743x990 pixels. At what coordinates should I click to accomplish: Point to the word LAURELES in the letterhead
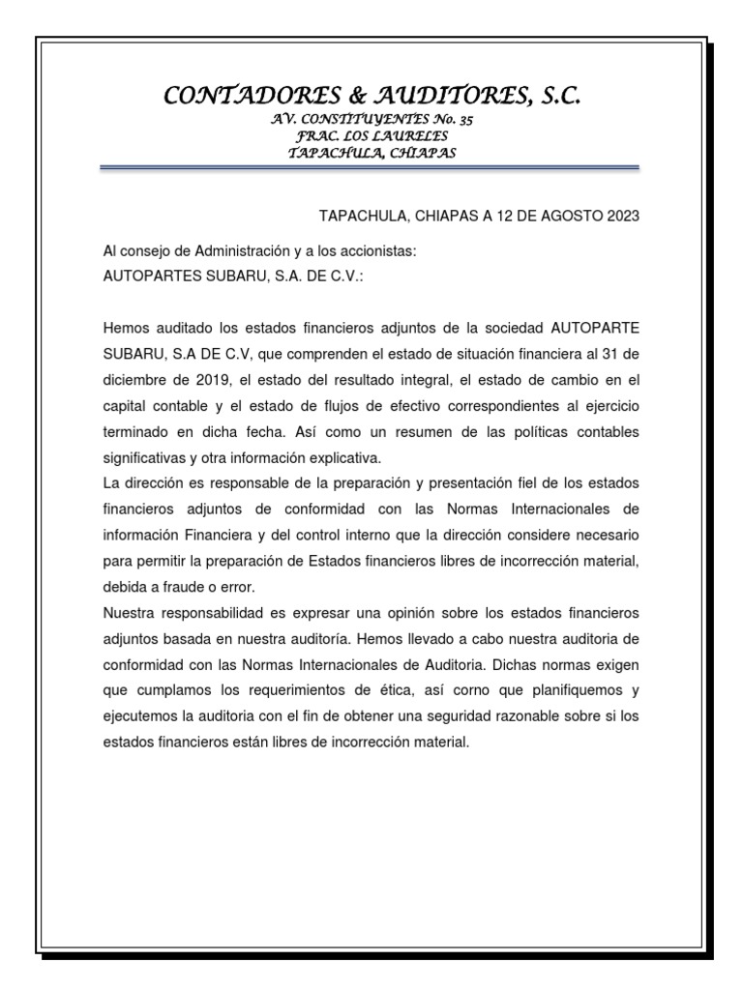coord(413,136)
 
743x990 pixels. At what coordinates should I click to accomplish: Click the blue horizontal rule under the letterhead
coord(371,169)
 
